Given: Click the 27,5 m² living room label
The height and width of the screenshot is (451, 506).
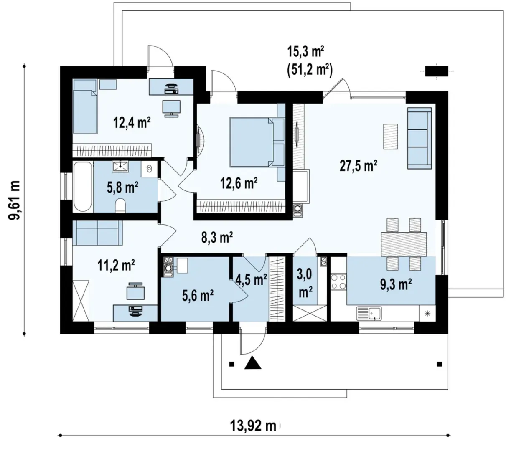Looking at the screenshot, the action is [x=358, y=165].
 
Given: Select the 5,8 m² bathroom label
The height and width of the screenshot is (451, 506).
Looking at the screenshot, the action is [x=122, y=187].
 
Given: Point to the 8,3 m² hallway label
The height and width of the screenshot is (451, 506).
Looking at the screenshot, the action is [x=217, y=237].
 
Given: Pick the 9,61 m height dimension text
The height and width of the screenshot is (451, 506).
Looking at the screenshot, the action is [x=14, y=200].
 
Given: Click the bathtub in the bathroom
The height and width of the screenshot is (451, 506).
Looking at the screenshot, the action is [x=83, y=187].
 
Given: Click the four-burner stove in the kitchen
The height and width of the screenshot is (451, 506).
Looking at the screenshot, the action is [x=338, y=281].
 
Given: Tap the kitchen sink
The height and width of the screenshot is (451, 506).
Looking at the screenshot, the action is [x=369, y=314].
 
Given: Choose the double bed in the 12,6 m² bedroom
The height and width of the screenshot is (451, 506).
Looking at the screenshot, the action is [x=257, y=142].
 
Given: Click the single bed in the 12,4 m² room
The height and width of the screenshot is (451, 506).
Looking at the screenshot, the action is [x=84, y=106].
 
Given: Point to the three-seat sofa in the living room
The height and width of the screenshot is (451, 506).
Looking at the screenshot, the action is [x=420, y=138].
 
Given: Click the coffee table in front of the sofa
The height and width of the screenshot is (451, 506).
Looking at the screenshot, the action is [x=390, y=137].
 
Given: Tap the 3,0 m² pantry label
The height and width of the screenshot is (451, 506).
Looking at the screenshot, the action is [x=305, y=283].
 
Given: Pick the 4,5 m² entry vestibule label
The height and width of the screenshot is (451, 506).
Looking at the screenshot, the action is [x=251, y=279].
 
